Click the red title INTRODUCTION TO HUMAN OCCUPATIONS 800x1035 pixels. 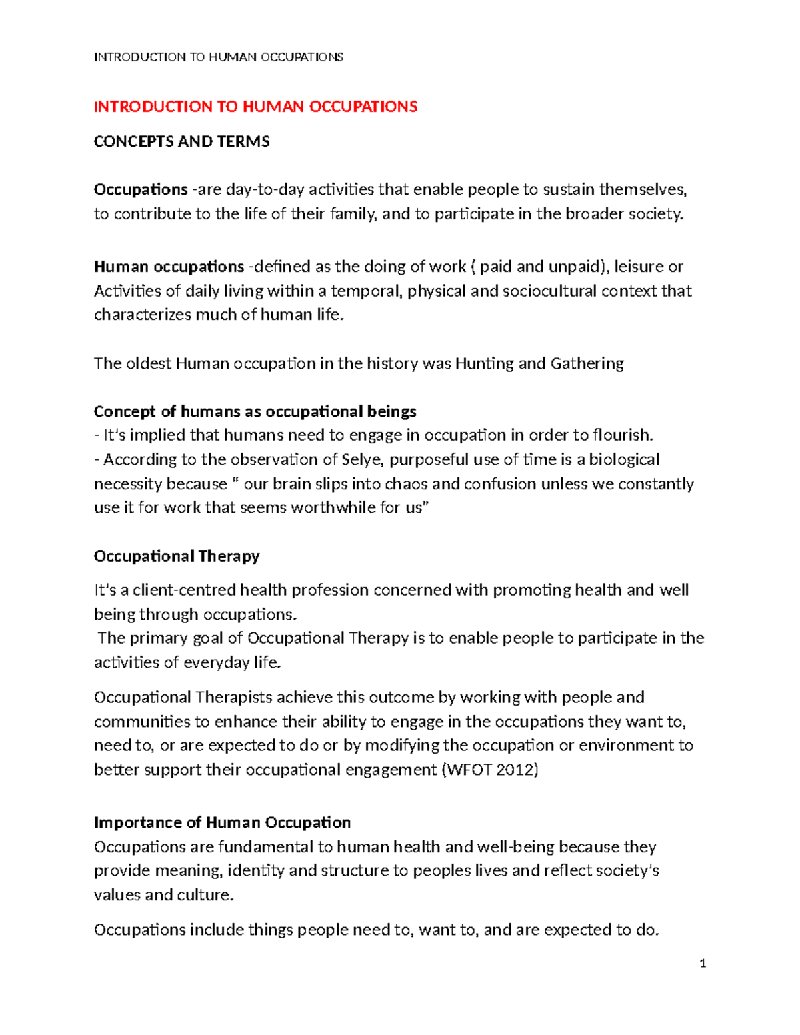(255, 107)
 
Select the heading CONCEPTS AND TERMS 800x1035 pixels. (181, 141)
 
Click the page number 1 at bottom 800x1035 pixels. (703, 963)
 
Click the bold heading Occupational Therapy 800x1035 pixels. (177, 556)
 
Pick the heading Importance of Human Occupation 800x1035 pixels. (222, 822)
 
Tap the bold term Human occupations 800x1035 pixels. (169, 267)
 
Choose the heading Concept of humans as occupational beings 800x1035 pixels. (255, 411)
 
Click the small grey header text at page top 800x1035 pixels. (218, 57)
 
